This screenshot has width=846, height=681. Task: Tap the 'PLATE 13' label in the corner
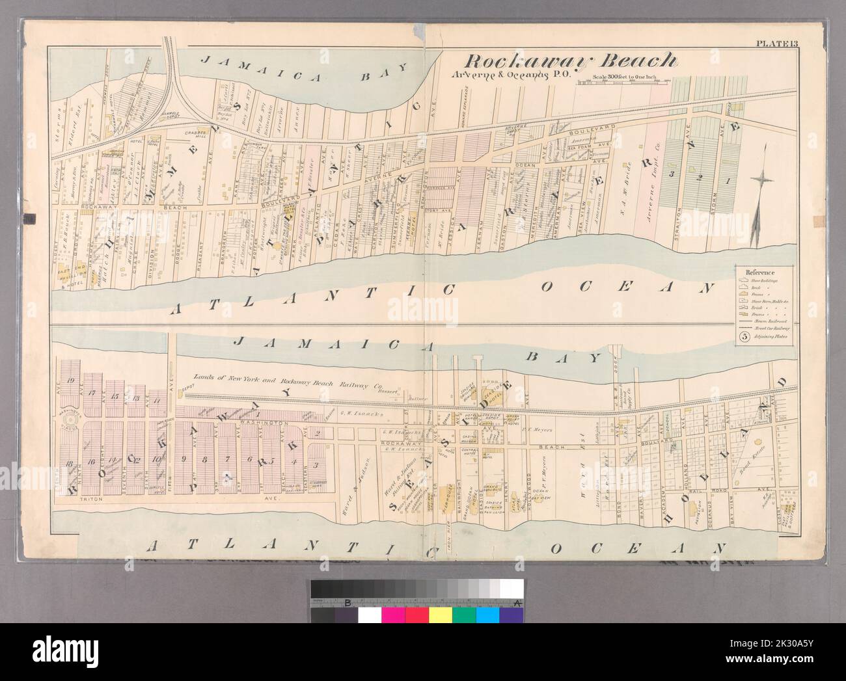[x=772, y=44]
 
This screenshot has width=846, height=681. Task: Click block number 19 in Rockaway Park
[x=70, y=380]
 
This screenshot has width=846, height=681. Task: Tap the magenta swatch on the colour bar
[x=393, y=615]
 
